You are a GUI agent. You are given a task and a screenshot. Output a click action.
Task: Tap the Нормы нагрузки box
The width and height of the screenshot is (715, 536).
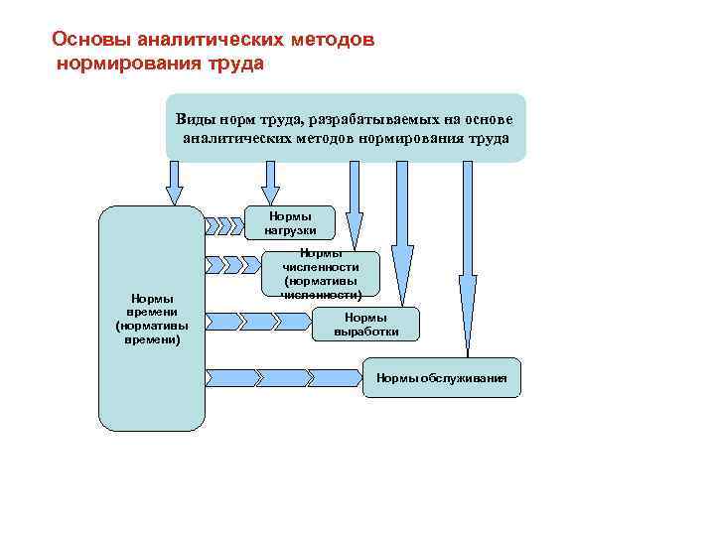point(290,223)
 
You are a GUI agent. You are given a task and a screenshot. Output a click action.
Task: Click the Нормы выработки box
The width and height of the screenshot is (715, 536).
point(367,324)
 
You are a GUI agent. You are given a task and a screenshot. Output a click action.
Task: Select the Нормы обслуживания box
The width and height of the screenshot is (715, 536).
point(441,377)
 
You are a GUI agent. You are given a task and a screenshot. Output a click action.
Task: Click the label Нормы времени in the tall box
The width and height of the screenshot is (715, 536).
point(148,319)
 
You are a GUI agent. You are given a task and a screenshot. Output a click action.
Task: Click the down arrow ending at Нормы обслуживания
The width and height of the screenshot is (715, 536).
point(463,258)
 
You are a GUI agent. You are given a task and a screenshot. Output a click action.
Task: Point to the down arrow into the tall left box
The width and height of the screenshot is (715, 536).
point(175,183)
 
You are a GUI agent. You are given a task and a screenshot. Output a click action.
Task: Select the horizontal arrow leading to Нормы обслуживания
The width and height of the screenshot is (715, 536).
point(283,378)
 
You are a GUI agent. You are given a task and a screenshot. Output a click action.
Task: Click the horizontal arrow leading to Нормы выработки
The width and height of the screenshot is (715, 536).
point(258,322)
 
